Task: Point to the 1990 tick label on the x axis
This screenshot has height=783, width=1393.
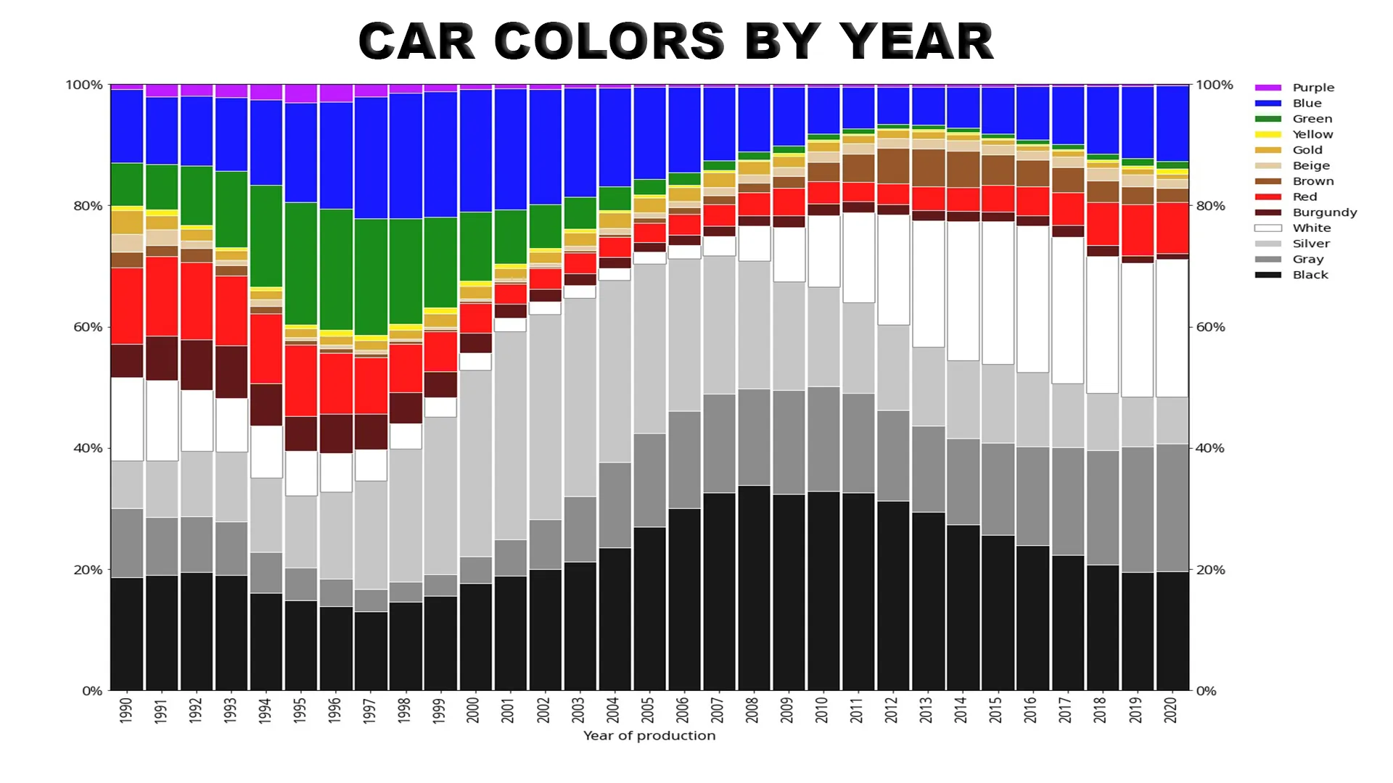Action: coord(126,710)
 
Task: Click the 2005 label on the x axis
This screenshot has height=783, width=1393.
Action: coord(648,710)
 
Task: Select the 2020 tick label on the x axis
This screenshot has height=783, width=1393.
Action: coord(1170,710)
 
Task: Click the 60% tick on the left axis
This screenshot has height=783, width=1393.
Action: coord(88,327)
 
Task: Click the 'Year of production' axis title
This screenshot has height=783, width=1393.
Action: coord(649,736)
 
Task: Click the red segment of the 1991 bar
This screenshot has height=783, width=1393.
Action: coord(161,296)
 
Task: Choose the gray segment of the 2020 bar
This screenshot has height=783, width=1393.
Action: coord(1172,507)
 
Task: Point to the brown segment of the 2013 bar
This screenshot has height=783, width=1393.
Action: coord(928,168)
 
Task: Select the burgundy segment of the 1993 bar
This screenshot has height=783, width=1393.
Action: coord(231,372)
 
